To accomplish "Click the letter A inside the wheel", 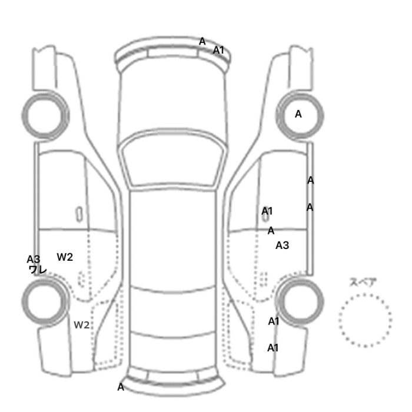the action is coord(298,114).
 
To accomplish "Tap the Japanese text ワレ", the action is coord(38,270).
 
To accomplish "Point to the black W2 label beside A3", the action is coord(65,257).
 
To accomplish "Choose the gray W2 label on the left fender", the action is coord(81,325).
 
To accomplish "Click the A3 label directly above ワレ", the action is coord(34,260).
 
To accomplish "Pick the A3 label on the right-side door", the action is coord(282,245).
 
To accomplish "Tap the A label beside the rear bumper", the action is coord(121,387).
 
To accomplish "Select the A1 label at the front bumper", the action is coord(218,50).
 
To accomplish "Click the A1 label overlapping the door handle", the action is coord(267,211).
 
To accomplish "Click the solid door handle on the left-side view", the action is coord(79,214).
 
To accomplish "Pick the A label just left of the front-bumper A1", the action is coord(202,41).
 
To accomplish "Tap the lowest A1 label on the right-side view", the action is coord(273,348).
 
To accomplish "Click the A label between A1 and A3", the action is coord(271,231).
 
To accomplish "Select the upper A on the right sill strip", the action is coord(311,181).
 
